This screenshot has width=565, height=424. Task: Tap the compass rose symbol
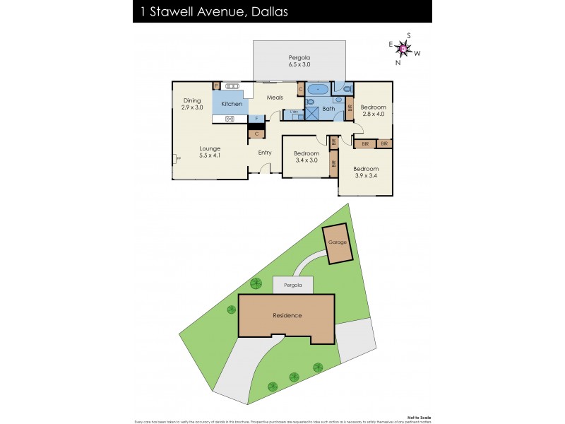[x=403, y=49]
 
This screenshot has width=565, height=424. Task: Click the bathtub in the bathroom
[x=317, y=89]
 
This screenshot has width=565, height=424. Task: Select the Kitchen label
[x=232, y=104]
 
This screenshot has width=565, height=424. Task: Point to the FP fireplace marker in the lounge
[x=177, y=159]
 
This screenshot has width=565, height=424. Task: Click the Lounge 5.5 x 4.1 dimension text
[x=210, y=152]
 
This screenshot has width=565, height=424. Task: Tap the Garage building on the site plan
[x=337, y=243]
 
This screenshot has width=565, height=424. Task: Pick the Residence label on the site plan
[x=287, y=315]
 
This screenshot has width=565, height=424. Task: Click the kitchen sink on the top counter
[x=233, y=86]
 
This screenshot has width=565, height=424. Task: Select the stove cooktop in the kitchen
[x=230, y=119]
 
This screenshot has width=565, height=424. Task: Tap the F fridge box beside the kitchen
[x=256, y=118]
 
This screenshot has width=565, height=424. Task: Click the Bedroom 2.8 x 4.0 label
[x=374, y=110]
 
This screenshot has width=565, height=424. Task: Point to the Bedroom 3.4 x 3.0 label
[x=307, y=157]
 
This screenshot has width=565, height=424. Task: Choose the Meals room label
[x=275, y=98]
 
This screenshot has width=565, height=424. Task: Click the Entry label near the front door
[x=265, y=153]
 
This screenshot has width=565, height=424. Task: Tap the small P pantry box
[x=217, y=86]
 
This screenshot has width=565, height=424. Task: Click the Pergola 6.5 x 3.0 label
[x=299, y=61]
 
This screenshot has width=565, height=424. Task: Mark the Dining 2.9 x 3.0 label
[x=192, y=104]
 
